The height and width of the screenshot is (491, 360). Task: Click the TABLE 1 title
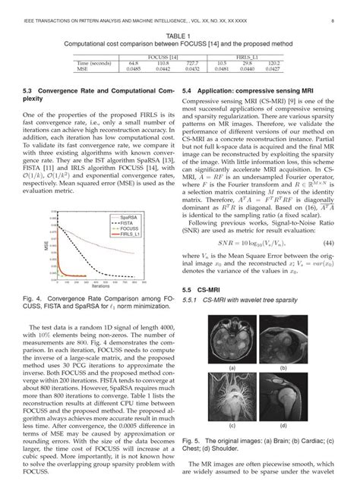179,36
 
